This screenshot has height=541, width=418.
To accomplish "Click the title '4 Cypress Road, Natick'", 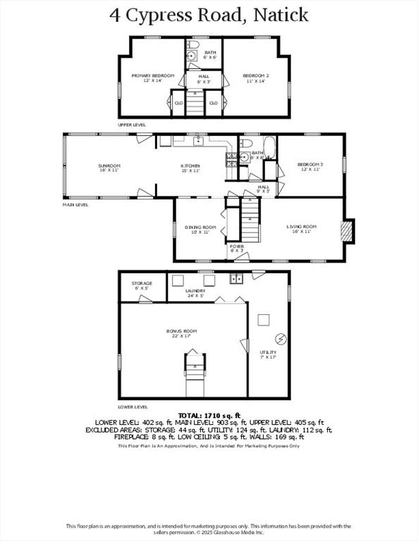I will click(209, 15).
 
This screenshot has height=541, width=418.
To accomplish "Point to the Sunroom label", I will click(109, 168).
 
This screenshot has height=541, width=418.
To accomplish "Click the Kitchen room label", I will click(190, 168).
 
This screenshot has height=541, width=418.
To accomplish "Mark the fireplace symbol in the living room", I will click(346, 232).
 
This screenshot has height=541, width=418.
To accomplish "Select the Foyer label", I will click(237, 248).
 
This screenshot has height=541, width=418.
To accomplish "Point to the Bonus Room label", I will click(181, 333).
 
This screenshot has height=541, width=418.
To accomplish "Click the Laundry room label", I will click(195, 292).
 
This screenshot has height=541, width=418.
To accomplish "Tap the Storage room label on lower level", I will click(141, 286).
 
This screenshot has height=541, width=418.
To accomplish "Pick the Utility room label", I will click(268, 354).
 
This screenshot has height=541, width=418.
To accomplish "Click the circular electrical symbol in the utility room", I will click(280, 338).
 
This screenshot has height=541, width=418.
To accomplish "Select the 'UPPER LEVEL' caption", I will click(132, 124).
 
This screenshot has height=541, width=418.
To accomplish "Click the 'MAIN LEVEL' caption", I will click(76, 205).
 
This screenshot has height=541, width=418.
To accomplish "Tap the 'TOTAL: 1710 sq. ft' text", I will click(209, 416).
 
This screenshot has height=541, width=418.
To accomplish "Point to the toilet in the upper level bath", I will click(192, 57).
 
